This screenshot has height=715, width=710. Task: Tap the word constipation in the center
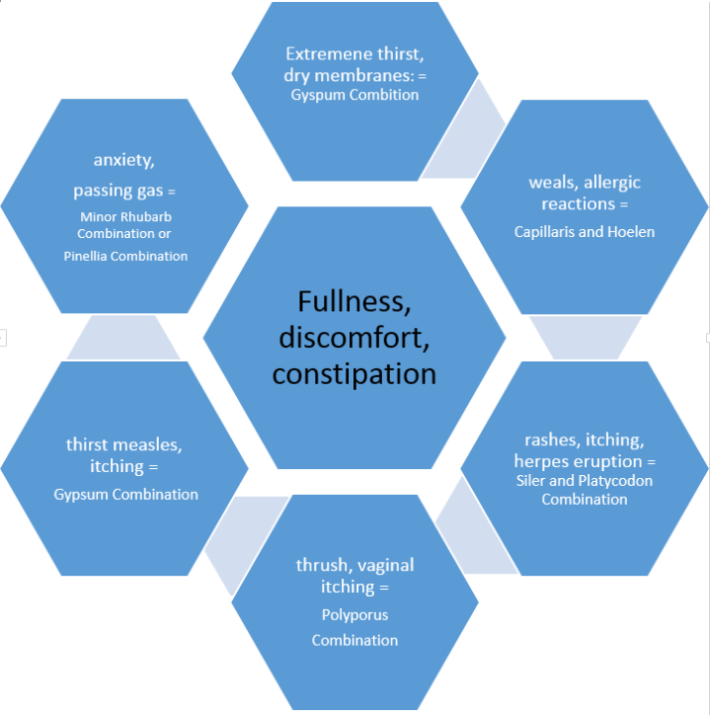355,374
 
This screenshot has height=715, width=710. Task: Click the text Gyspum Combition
355,95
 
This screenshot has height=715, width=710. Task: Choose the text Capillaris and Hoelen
585,232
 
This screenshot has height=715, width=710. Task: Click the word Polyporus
355,614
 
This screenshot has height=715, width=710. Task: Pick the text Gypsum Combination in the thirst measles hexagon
125,494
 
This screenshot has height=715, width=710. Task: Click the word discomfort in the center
355,337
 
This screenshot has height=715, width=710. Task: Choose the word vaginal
382,565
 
